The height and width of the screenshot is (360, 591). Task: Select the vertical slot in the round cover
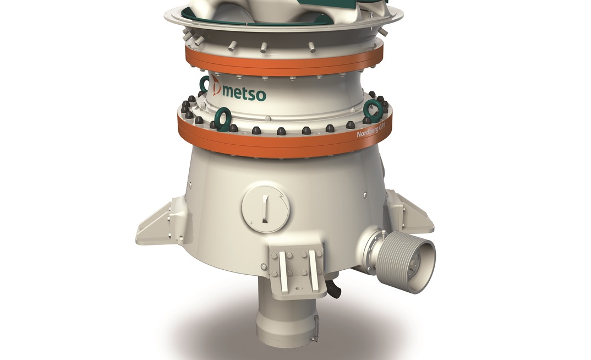[x=265, y=209]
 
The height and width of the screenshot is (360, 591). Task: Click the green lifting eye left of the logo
[x=205, y=85]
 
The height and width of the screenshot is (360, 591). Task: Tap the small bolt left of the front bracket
[x=264, y=268]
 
